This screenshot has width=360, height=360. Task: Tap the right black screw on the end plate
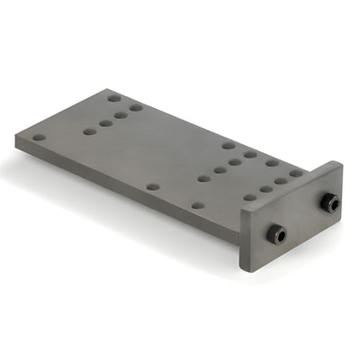tap(330, 204)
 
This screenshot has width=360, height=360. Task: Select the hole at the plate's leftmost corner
tap(39, 138)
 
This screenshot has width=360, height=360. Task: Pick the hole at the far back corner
tap(114, 98)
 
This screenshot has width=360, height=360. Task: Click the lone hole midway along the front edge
tap(153, 186)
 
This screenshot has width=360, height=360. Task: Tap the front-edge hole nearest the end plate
tap(197, 205)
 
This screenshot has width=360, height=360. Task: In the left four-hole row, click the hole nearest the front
tap(89, 131)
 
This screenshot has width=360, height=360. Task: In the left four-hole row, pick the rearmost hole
tap(136, 108)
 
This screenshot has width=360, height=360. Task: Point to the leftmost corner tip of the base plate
tap(16, 136)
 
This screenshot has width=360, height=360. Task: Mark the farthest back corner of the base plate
tap(114, 88)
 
